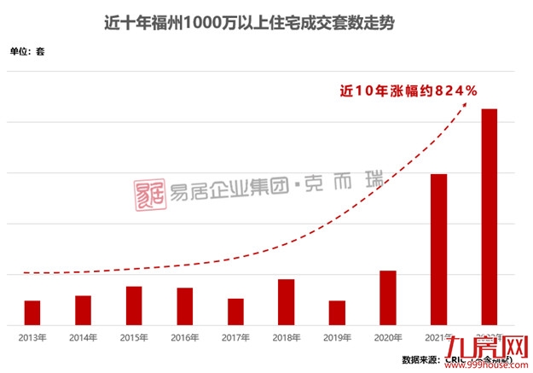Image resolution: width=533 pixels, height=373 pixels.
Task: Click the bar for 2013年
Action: click(32, 312)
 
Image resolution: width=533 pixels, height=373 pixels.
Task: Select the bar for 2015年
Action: click(134, 306)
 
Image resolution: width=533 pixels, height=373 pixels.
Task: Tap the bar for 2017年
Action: click(235, 312)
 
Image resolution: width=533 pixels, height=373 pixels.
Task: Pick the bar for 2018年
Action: click(287, 302)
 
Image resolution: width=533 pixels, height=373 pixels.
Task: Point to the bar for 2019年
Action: click(337, 312)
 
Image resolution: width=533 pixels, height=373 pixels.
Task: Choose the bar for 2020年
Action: click(388, 298)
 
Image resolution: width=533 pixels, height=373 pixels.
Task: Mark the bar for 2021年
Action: click(438, 249)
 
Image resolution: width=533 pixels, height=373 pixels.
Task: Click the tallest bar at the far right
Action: click(489, 217)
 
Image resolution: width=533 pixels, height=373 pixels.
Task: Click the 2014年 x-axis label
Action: click(84, 337)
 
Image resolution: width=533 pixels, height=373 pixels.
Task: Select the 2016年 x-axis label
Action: click(185, 337)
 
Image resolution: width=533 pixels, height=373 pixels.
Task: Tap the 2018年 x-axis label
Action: click(287, 337)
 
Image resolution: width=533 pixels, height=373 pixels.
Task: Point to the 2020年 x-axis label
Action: click(388, 337)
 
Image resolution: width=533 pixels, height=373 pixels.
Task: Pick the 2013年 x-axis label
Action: click(32, 337)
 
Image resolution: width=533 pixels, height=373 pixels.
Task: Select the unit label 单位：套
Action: click(27, 52)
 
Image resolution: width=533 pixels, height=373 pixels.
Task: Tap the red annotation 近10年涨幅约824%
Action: click(408, 89)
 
